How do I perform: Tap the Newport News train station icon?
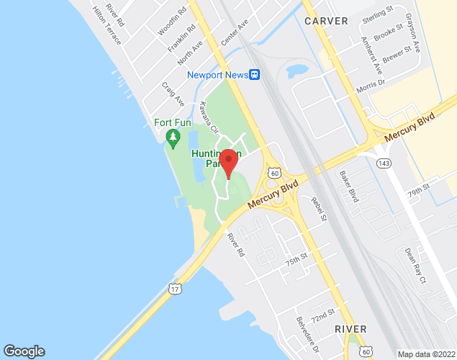(x=254, y=74)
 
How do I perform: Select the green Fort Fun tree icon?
(x=172, y=136)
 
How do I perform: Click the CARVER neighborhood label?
(x=327, y=21)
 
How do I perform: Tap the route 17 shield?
(x=176, y=289)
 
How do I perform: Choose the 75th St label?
(x=296, y=259)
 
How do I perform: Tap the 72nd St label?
(x=324, y=315)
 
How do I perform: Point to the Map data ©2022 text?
(x=426, y=354)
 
